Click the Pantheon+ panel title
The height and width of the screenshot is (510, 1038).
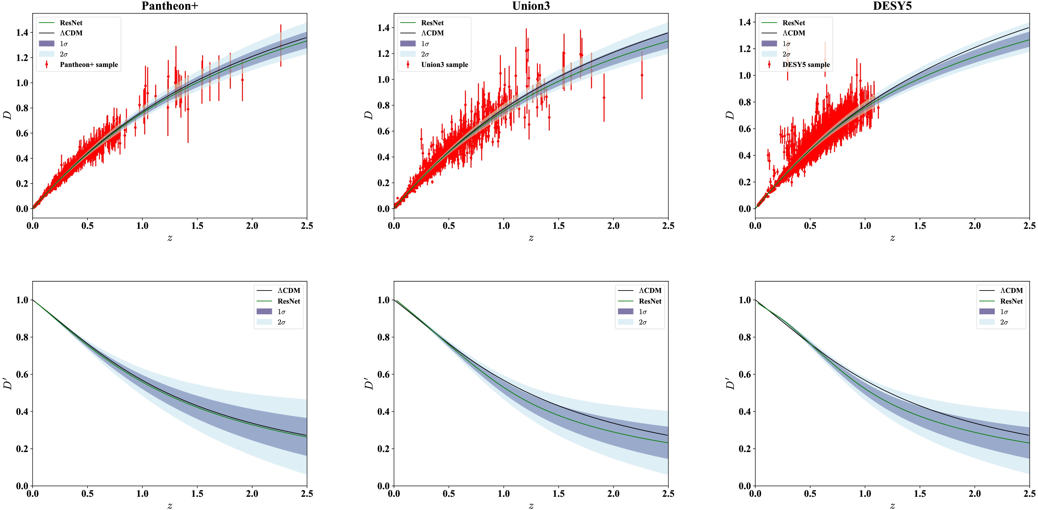pyautogui.click(x=170, y=6)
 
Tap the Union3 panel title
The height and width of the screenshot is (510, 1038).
pyautogui.click(x=531, y=6)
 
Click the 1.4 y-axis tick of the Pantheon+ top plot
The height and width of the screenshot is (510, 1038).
pyautogui.click(x=22, y=33)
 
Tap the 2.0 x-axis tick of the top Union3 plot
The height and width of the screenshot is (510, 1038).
pyautogui.click(x=613, y=226)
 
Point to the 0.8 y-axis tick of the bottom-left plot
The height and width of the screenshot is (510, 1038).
pyautogui.click(x=22, y=337)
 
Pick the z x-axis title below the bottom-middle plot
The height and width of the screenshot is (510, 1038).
pyautogui.click(x=531, y=506)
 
